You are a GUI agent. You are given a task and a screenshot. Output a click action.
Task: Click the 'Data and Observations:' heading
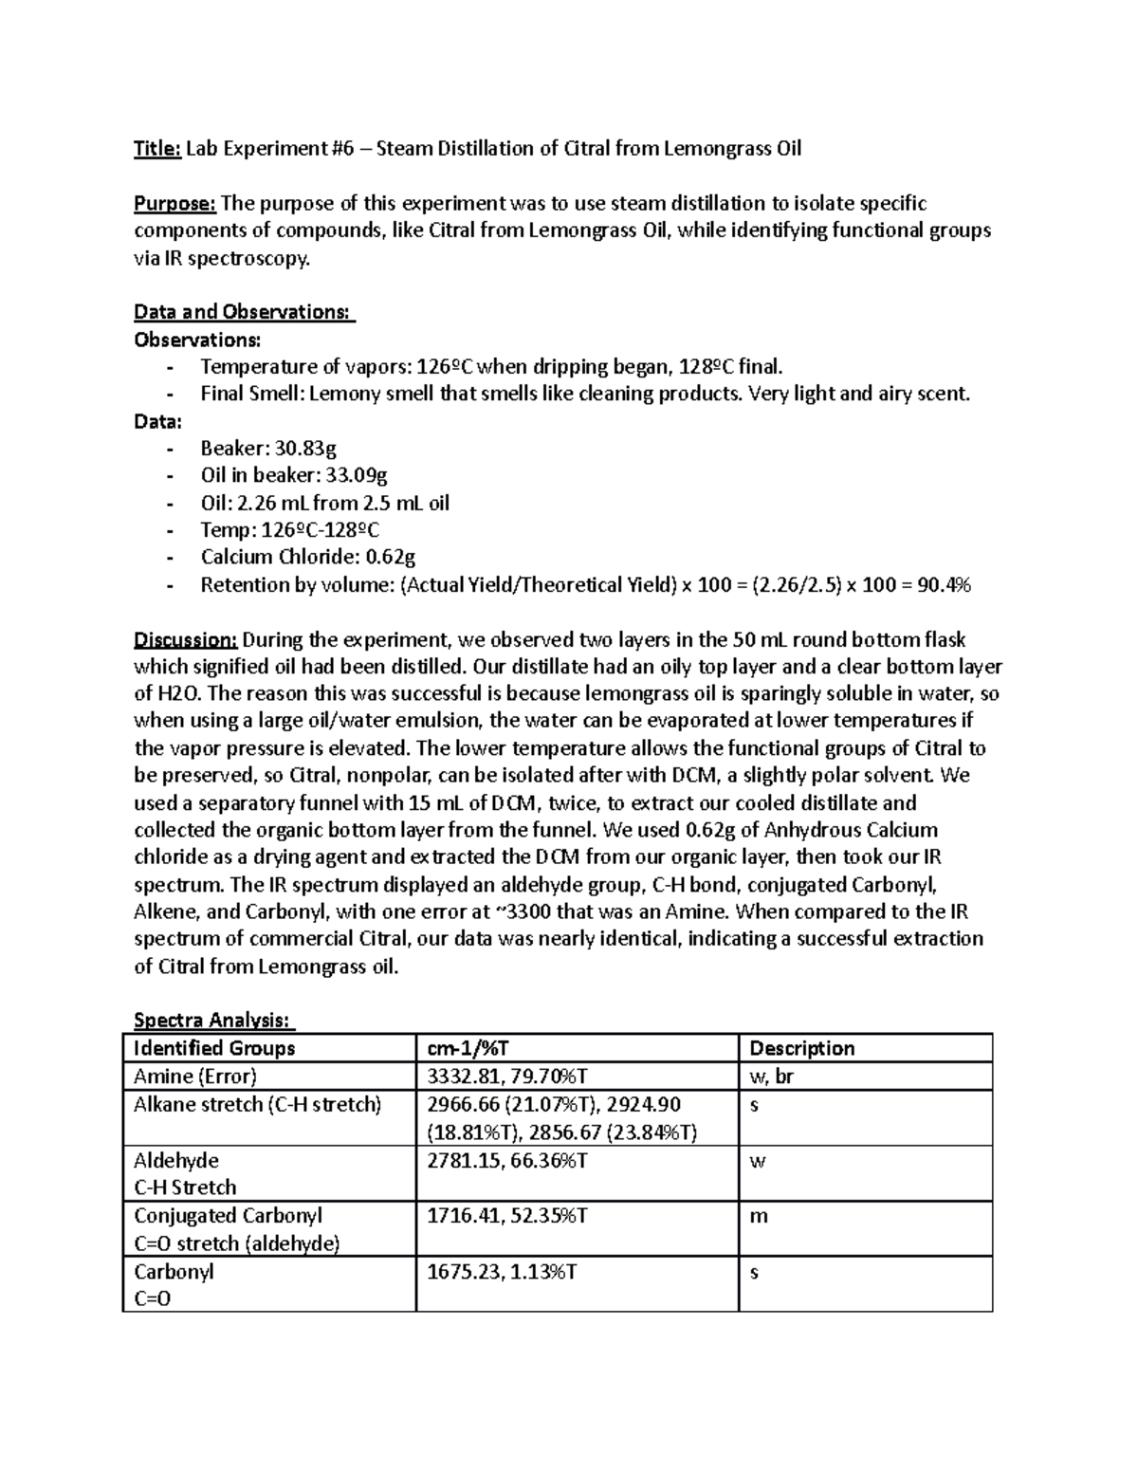click(x=243, y=312)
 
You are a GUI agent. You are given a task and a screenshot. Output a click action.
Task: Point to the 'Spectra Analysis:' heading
click(x=214, y=1021)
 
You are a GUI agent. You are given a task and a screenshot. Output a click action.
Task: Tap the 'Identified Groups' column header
click(x=214, y=1048)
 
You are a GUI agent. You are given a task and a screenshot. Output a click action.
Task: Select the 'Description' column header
click(x=801, y=1048)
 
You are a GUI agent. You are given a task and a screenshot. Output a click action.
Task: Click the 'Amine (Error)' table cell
click(x=195, y=1077)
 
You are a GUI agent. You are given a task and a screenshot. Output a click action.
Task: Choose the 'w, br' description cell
click(x=771, y=1077)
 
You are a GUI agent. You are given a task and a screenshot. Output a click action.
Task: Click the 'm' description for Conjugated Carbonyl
click(x=758, y=1217)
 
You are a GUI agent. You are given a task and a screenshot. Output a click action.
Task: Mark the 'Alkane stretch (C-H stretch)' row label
click(x=257, y=1105)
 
